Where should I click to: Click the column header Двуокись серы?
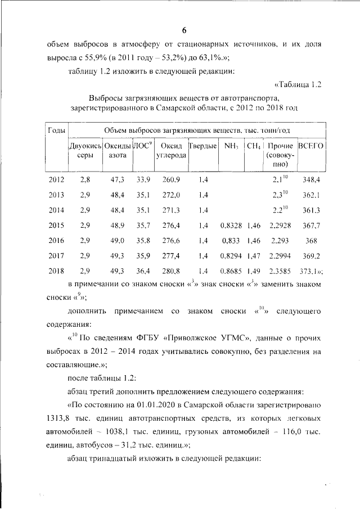(x=84, y=150)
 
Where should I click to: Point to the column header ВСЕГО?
(x=310, y=146)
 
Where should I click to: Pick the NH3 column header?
(x=231, y=146)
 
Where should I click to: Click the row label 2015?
(x=56, y=225)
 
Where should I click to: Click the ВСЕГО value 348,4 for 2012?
(x=310, y=179)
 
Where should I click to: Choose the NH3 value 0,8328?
(x=231, y=225)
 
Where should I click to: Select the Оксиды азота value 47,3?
(x=118, y=179)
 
